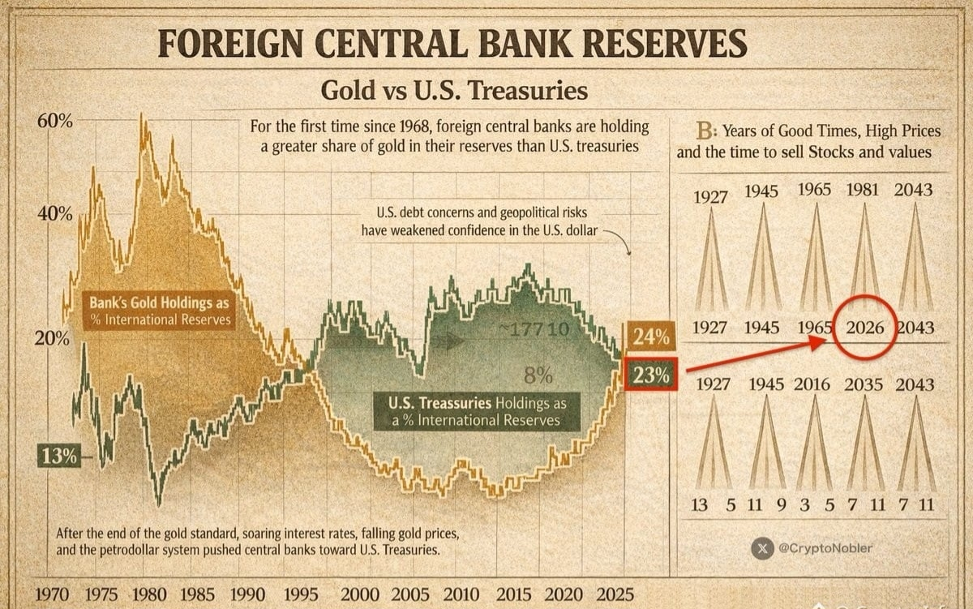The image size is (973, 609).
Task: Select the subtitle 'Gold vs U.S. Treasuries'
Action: [x=454, y=90]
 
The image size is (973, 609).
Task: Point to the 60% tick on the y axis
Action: [x=54, y=122]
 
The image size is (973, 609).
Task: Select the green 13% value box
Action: [x=58, y=457]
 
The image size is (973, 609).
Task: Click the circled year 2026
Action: [x=864, y=328]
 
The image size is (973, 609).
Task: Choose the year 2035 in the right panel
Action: [x=864, y=384]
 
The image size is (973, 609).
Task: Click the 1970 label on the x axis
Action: [x=54, y=594]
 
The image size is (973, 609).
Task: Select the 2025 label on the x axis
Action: [x=615, y=594]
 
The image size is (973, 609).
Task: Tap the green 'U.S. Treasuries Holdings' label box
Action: [x=478, y=411]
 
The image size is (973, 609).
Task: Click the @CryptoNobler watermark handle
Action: [x=825, y=548]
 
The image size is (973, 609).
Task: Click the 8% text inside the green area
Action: [x=538, y=375]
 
